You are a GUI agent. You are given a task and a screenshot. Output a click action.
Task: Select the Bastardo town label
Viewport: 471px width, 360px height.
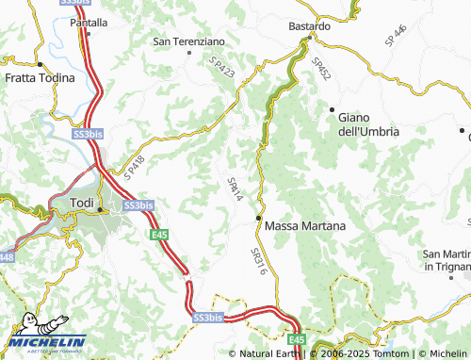point(309,26)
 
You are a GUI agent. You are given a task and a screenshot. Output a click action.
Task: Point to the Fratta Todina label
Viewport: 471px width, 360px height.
point(40,78)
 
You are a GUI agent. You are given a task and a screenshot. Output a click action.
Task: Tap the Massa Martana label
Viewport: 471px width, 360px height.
point(305,227)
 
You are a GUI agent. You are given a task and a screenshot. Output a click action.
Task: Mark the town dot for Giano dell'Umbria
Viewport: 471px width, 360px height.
point(333,110)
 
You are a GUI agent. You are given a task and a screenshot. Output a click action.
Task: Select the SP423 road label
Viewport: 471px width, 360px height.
point(221,68)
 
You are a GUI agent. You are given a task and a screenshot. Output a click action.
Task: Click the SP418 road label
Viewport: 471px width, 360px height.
point(135,170)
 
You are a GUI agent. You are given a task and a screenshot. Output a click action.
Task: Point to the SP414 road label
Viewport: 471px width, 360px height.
point(235,188)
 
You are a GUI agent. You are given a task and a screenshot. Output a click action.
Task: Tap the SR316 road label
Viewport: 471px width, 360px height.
point(260,258)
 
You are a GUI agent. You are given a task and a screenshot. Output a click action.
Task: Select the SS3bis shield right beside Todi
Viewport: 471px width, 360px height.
point(138,205)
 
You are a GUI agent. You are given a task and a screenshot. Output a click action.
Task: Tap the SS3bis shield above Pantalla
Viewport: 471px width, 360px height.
point(78,2)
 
